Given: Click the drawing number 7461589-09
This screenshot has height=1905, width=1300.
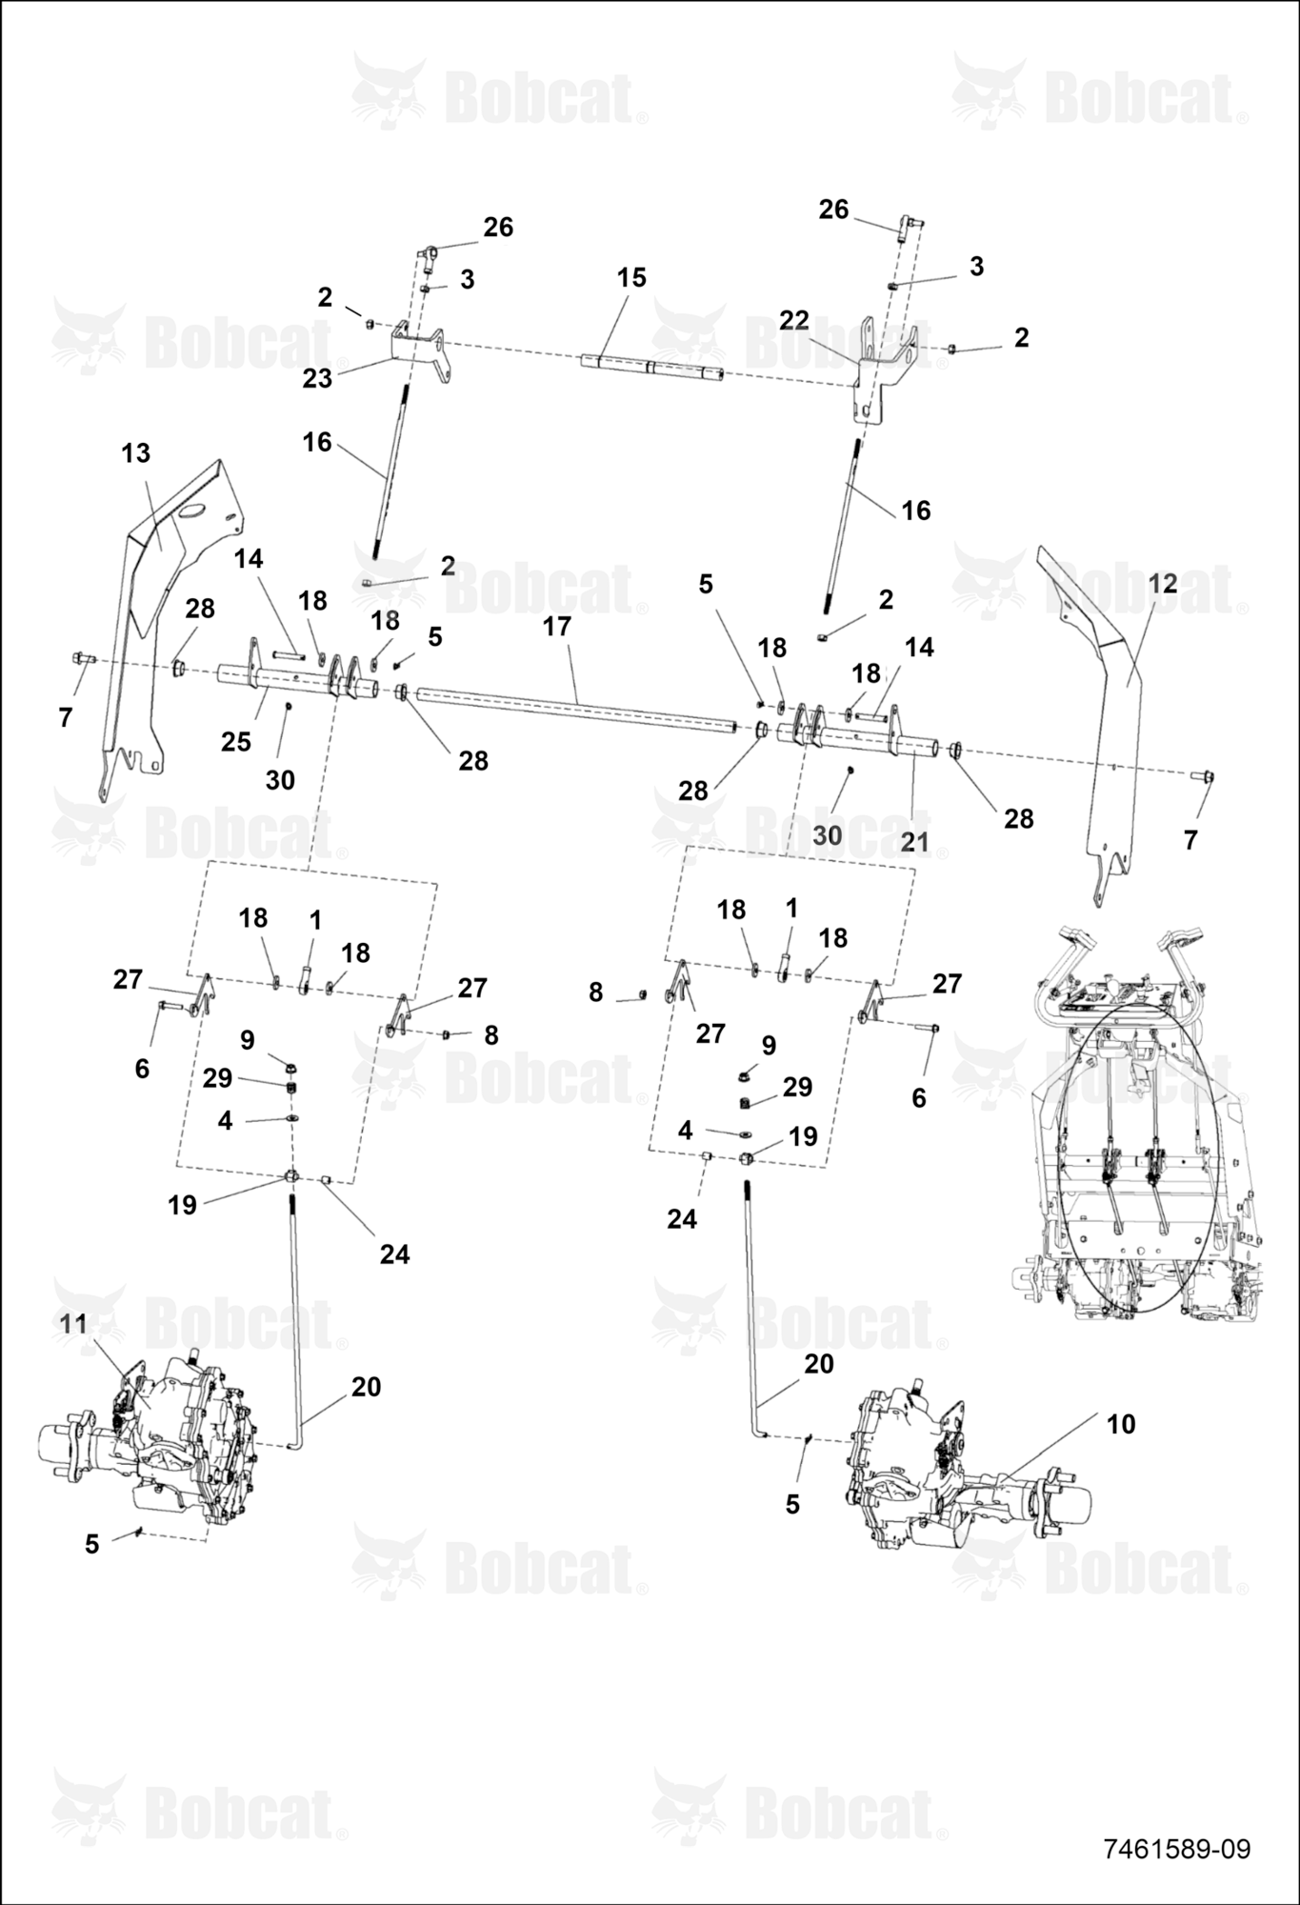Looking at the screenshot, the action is point(1176,1849).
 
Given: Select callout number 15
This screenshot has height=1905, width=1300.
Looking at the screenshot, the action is point(631,277).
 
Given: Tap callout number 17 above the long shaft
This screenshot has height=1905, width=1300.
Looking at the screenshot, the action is point(556,626).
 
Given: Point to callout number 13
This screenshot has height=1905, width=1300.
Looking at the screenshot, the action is point(136,453).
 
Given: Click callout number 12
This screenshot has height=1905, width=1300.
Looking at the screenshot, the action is point(1163,583).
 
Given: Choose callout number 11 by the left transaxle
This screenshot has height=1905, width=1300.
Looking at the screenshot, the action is point(73,1323).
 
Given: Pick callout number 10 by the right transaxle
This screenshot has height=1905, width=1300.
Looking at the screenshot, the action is point(1121,1424).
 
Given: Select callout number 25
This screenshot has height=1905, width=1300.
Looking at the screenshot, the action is point(236,741).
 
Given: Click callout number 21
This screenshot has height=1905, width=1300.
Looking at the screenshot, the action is point(914,841).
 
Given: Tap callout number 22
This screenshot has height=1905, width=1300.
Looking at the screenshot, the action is point(793,320).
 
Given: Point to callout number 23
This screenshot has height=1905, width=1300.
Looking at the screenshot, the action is point(317,378).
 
